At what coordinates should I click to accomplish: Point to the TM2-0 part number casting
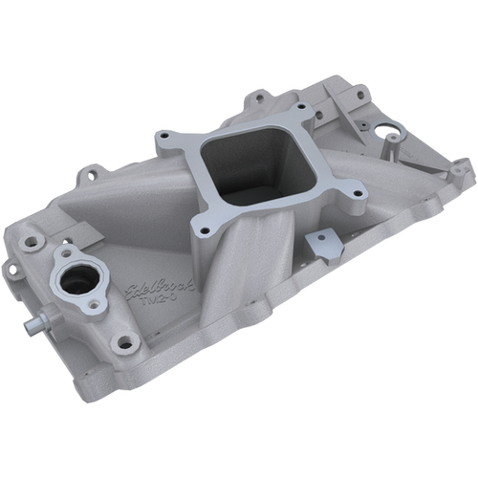[x=174, y=305]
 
